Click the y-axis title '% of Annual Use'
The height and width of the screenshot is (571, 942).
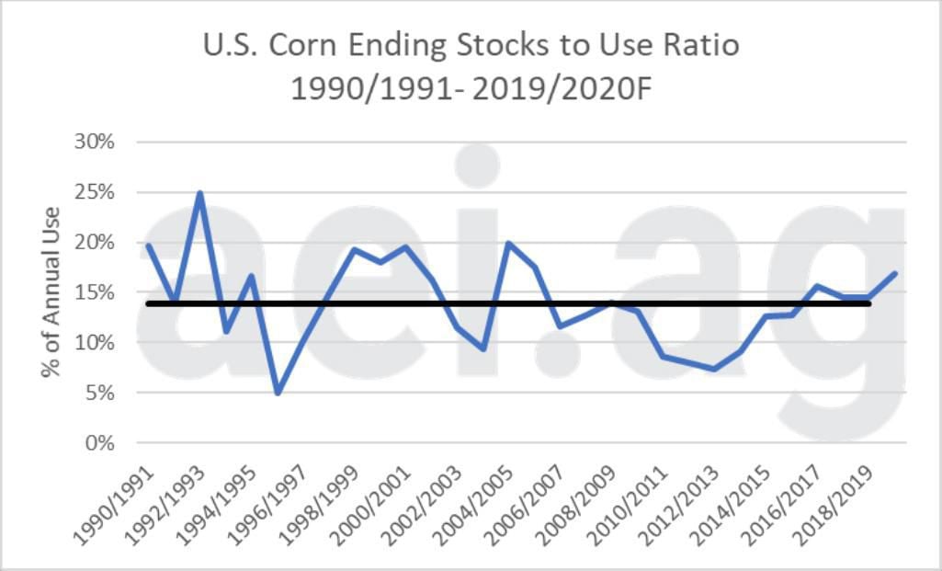pyautogui.click(x=51, y=293)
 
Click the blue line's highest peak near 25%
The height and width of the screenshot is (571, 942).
pyautogui.click(x=199, y=193)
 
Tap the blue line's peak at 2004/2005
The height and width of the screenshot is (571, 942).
pyautogui.click(x=508, y=243)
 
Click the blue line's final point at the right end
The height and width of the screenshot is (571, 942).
pyautogui.click(x=895, y=273)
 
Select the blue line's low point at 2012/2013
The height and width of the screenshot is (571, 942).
pyautogui.click(x=714, y=369)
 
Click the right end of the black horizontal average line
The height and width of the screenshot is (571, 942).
pyautogui.click(x=895, y=303)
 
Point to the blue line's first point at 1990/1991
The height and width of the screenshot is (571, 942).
pyautogui.click(x=148, y=245)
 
